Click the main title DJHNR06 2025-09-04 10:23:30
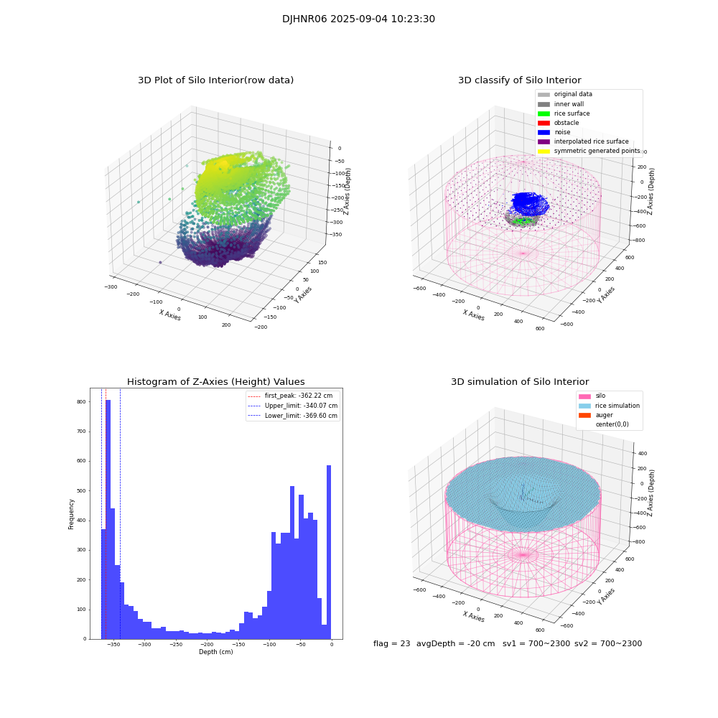[x=358, y=19]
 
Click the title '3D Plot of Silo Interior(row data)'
[x=215, y=80]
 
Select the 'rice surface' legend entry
[x=572, y=113]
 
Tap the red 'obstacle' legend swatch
[x=544, y=123]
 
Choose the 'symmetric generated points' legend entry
[x=596, y=151]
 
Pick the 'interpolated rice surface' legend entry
[x=590, y=141]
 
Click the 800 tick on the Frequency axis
[x=81, y=402]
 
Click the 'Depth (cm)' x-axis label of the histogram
[x=215, y=652]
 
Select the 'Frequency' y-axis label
[x=71, y=513]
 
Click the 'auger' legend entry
[x=604, y=415]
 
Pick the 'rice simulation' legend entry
[x=617, y=406]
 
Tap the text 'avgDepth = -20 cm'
[x=455, y=643]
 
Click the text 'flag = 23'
[x=391, y=643]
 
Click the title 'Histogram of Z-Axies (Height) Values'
[x=215, y=382]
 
